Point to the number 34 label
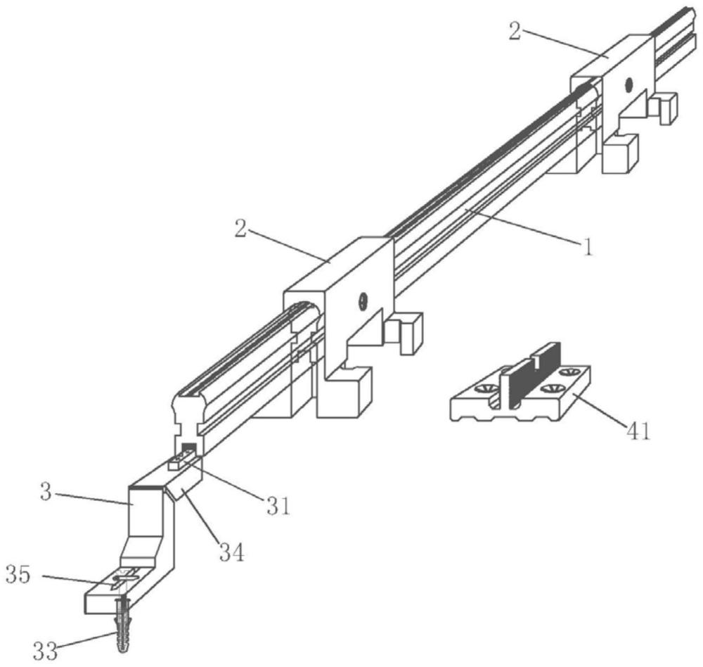click(x=232, y=552)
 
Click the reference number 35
click(x=18, y=575)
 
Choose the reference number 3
click(x=46, y=492)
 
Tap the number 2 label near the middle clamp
click(x=240, y=229)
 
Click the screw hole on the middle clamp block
click(x=363, y=302)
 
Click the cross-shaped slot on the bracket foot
click(x=126, y=577)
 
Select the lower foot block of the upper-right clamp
click(x=620, y=153)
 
